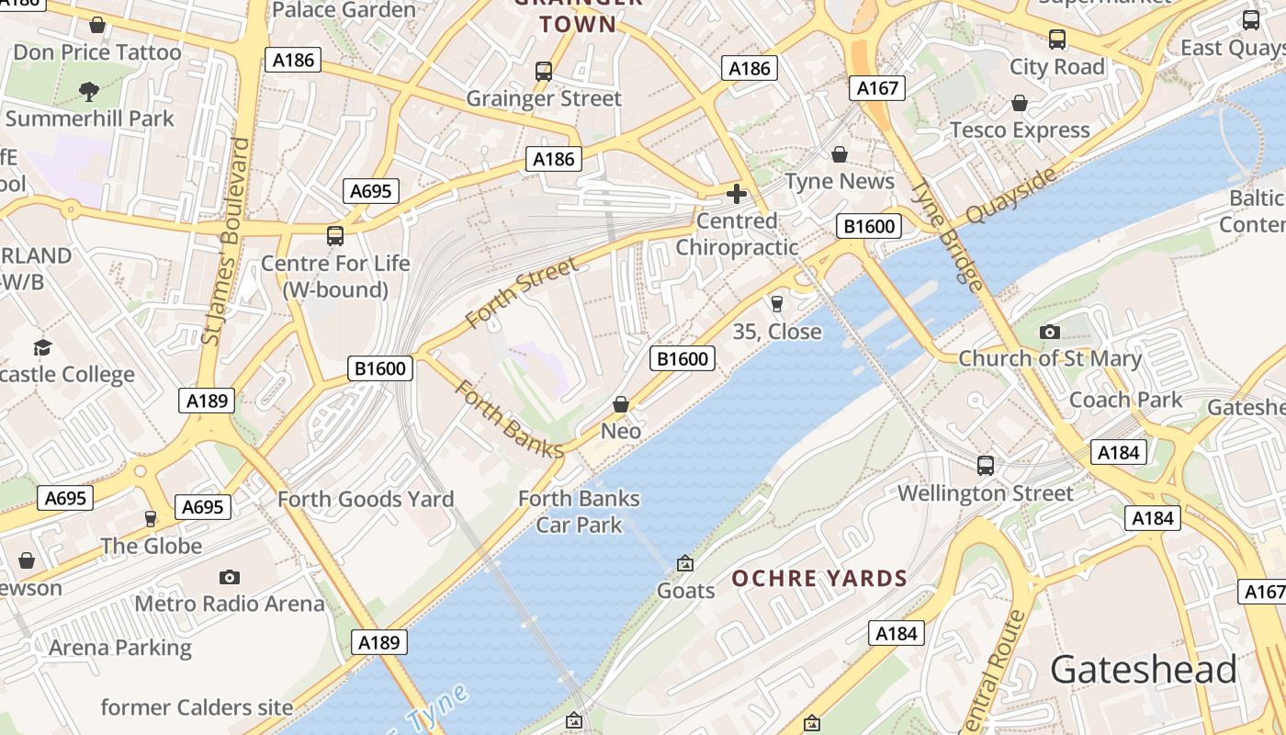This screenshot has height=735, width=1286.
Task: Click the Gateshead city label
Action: tap(1143, 670)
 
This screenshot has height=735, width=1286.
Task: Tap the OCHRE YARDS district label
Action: tap(819, 579)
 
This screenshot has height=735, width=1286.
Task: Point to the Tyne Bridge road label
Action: tap(947, 235)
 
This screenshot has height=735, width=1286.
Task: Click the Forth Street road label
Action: tap(521, 292)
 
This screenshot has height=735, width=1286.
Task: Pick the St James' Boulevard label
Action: tap(226, 242)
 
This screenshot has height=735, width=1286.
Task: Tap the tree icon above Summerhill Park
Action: tap(89, 91)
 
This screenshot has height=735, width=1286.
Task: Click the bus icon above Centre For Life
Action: tap(335, 236)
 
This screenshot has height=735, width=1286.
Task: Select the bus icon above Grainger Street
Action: tap(544, 72)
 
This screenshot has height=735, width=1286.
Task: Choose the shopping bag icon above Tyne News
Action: tap(840, 154)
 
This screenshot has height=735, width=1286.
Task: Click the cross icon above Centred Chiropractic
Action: tap(737, 194)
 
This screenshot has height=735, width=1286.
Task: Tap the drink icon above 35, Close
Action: tap(777, 304)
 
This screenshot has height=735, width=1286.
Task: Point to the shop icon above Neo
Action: tap(621, 404)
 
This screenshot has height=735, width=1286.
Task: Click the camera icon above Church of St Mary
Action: tap(1050, 332)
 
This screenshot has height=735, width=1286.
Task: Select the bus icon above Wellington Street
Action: tap(986, 466)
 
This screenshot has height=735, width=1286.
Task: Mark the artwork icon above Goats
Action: tap(685, 563)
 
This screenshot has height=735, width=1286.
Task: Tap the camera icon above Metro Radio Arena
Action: tap(230, 577)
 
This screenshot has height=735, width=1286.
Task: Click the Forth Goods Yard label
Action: tap(366, 499)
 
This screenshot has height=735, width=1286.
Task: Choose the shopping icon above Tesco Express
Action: tap(1020, 103)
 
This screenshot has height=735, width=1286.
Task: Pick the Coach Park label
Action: tap(1125, 400)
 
